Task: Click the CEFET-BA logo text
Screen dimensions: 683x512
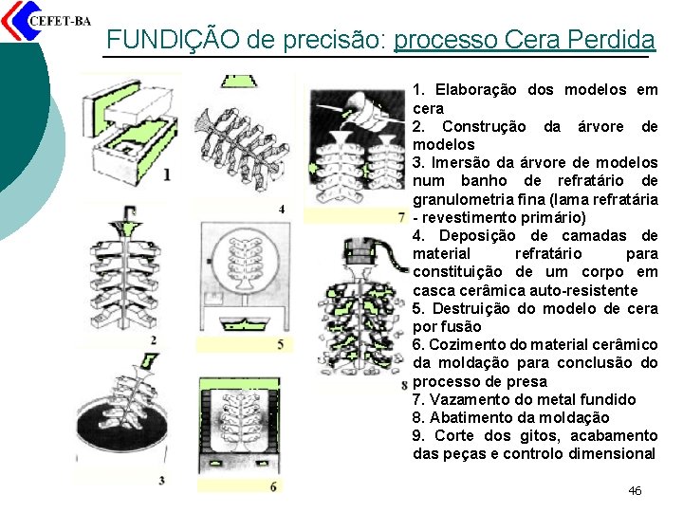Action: click(x=60, y=21)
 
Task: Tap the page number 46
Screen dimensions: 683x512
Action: click(x=635, y=491)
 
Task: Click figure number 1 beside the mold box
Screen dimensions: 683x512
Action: click(x=166, y=175)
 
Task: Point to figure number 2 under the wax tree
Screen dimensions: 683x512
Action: click(x=154, y=340)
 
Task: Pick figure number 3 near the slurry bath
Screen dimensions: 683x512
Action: click(x=161, y=481)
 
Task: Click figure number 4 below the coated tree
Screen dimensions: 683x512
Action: click(x=282, y=210)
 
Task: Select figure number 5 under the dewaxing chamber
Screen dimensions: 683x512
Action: click(x=281, y=345)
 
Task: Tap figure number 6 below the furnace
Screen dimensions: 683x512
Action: click(x=273, y=486)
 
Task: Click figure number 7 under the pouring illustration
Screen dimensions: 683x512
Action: click(x=401, y=216)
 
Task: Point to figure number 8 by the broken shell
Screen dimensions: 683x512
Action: click(x=404, y=385)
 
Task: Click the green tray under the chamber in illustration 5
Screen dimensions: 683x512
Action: click(x=245, y=324)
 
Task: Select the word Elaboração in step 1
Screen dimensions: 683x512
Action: click(x=475, y=90)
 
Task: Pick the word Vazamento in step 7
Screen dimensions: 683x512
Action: click(x=470, y=400)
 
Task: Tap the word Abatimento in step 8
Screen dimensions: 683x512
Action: click(x=470, y=417)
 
